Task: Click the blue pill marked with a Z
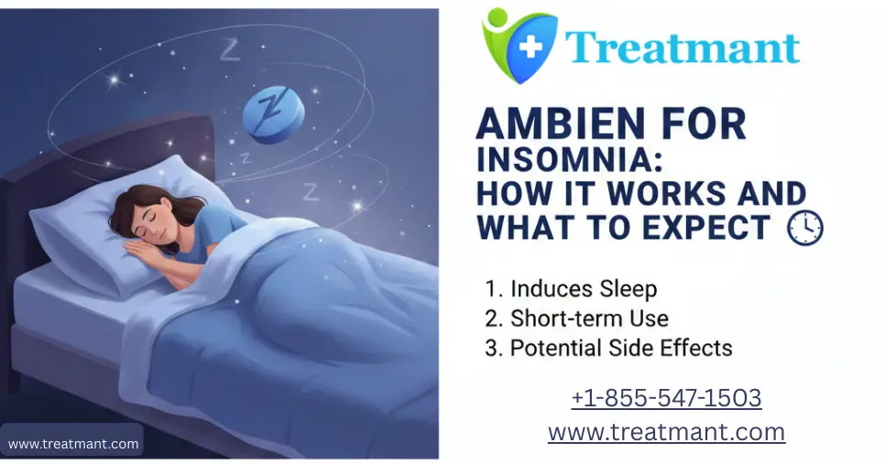(272, 113)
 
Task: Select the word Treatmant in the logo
(682, 47)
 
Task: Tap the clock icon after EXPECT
(805, 226)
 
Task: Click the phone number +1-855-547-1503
(666, 398)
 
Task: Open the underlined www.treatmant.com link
(666, 431)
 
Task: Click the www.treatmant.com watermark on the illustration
(73, 445)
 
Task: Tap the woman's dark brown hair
(128, 203)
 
